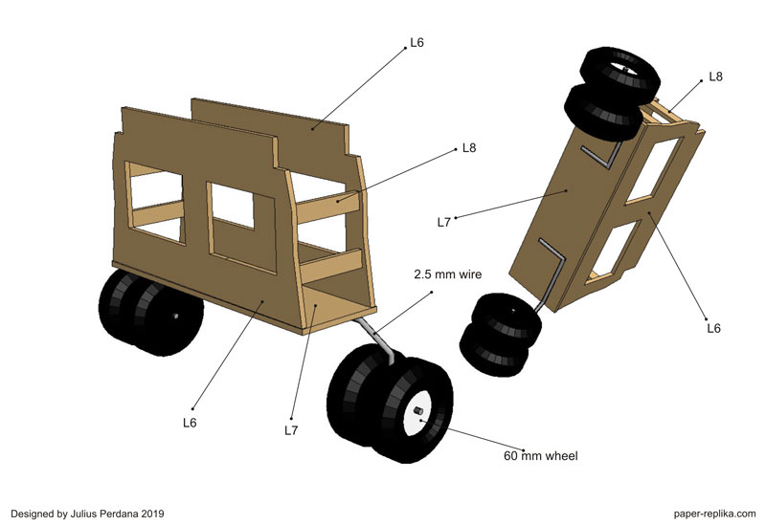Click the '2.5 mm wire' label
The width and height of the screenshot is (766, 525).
pyautogui.click(x=448, y=274)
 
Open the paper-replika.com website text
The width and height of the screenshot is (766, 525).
pyautogui.click(x=709, y=514)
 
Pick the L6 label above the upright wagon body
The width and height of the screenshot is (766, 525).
pyautogui.click(x=417, y=43)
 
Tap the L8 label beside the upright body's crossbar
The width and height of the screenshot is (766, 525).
pyautogui.click(x=469, y=148)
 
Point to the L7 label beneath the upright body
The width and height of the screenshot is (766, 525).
pyautogui.click(x=291, y=430)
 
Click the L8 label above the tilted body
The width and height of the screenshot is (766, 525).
pyautogui.click(x=715, y=77)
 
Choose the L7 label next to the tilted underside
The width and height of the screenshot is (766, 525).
pyautogui.click(x=443, y=222)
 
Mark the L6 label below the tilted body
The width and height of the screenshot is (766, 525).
pyautogui.click(x=713, y=328)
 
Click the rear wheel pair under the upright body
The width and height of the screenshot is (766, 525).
pyautogui.click(x=148, y=311)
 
